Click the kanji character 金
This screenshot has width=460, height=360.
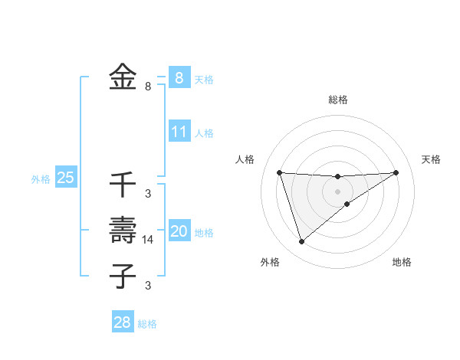point(123,78)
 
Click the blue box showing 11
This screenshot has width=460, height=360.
point(179,132)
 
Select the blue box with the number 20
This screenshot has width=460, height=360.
point(179,231)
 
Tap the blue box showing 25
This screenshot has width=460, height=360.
point(65,178)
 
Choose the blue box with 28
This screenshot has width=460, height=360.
point(122,322)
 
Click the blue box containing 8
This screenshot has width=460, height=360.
point(179,78)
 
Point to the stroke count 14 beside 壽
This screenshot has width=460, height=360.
point(148,240)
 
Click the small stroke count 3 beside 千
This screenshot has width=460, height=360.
point(148,194)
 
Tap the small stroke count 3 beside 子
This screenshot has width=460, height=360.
point(148,286)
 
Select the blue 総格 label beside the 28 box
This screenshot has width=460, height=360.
point(147,324)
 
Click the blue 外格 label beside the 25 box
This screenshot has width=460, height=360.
point(41,179)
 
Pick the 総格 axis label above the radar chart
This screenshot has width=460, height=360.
point(337,100)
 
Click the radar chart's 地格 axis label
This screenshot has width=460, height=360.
point(402,263)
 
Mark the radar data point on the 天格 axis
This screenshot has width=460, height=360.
point(396,172)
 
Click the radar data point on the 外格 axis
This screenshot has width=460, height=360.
point(301,242)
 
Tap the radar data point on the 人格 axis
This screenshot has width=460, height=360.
point(279,172)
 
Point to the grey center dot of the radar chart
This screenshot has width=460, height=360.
point(337,191)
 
